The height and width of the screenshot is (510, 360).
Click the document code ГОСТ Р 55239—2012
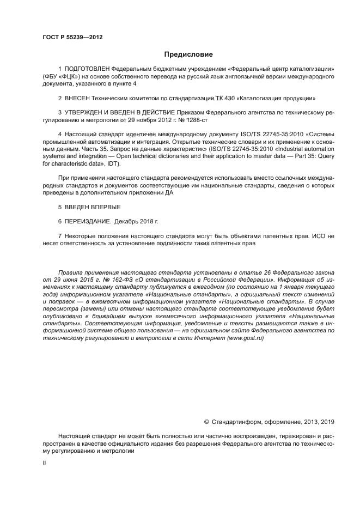click(x=72, y=37)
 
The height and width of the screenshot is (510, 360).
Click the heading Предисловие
click(x=188, y=54)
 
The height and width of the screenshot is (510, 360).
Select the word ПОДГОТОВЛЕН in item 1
click(x=87, y=69)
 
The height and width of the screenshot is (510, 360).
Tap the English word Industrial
click(x=279, y=149)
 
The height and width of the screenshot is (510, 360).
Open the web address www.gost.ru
click(x=245, y=338)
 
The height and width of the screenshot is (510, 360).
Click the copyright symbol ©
click(x=206, y=422)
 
